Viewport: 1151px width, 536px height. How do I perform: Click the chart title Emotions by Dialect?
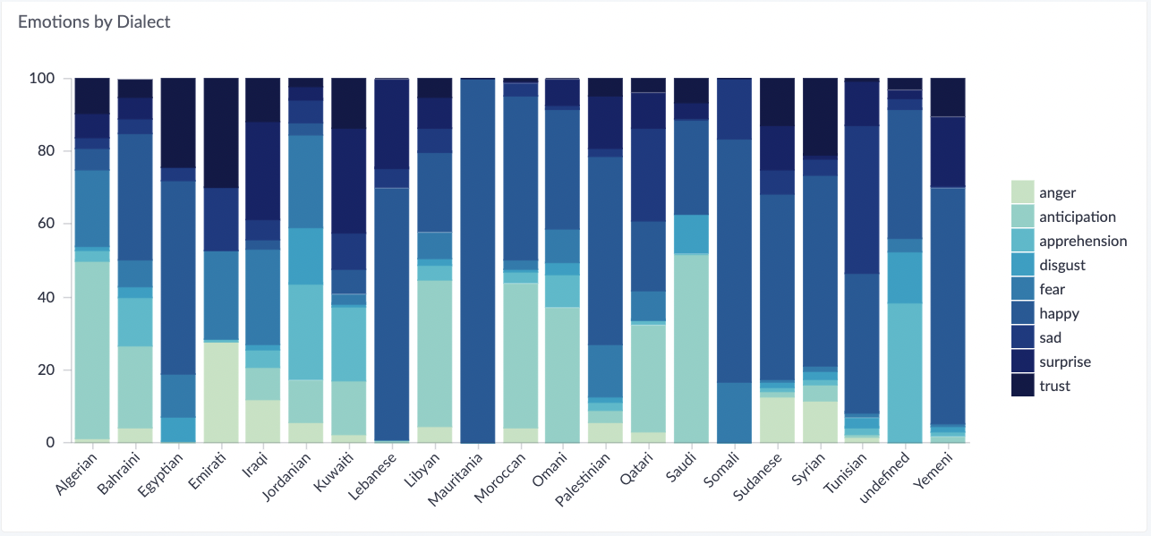94,22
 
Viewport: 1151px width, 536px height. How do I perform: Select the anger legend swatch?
1023,192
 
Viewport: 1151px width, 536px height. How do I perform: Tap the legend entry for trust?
1055,386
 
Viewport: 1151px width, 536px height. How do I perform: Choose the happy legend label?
1059,313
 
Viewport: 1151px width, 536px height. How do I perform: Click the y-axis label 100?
42,79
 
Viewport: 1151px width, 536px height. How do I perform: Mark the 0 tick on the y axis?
51,443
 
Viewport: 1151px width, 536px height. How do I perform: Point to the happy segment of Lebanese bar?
391,314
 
